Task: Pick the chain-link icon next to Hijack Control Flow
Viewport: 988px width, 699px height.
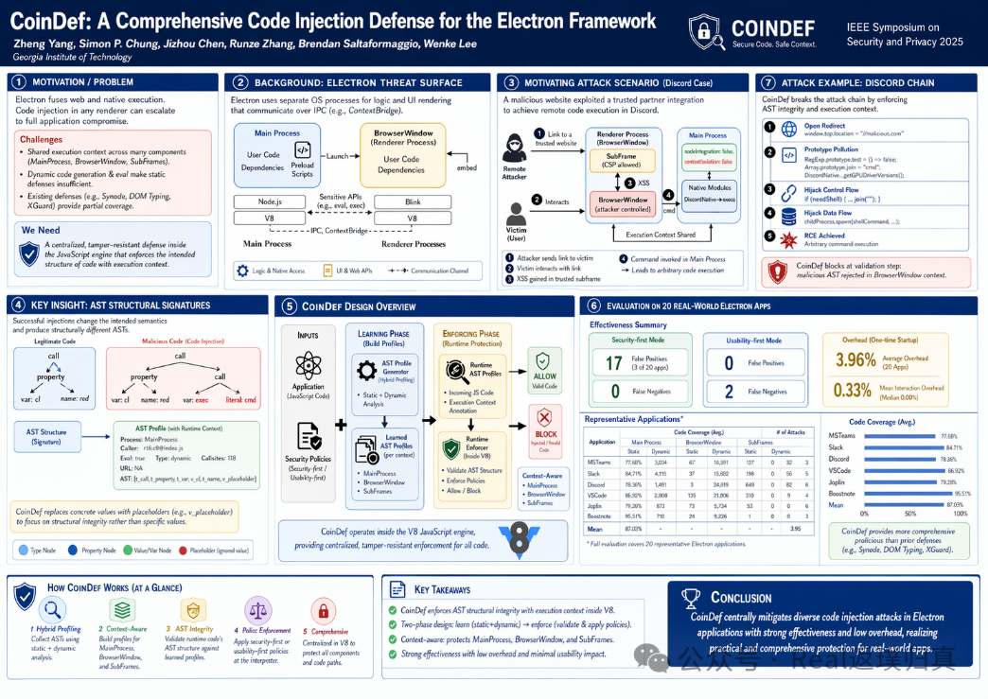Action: pos(785,192)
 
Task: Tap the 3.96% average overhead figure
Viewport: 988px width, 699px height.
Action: pos(856,359)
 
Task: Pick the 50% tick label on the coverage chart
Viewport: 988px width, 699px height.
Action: pos(911,514)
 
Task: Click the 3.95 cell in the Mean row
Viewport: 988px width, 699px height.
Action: pos(795,530)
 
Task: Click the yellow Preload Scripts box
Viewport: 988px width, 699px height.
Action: pos(303,157)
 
